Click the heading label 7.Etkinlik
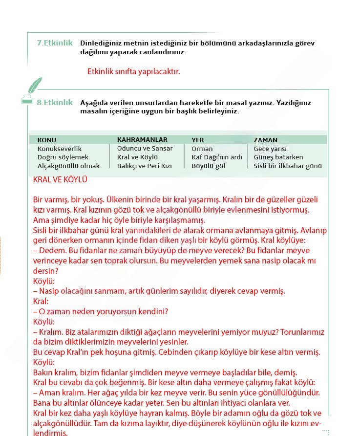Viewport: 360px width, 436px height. [x=55, y=43]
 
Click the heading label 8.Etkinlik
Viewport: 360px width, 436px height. [x=55, y=103]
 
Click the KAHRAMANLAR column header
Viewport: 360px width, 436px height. [x=142, y=139]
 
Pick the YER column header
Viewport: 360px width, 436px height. [x=198, y=140]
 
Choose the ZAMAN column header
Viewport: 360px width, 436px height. [x=266, y=140]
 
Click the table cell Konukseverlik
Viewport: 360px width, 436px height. [x=60, y=149]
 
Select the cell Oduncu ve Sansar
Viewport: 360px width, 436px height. [x=145, y=148]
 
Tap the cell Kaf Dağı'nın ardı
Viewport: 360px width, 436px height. [x=217, y=157]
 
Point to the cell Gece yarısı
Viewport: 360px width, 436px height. [x=270, y=149]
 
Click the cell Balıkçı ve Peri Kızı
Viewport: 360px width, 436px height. [x=145, y=166]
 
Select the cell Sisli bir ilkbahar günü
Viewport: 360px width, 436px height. [x=288, y=166]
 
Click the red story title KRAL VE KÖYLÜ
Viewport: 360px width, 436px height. [x=60, y=180]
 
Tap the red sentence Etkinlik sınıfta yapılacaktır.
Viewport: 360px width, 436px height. [x=133, y=71]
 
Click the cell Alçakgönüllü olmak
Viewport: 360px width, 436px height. [x=68, y=166]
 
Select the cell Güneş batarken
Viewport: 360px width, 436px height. [x=278, y=157]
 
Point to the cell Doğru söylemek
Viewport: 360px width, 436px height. [x=63, y=157]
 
